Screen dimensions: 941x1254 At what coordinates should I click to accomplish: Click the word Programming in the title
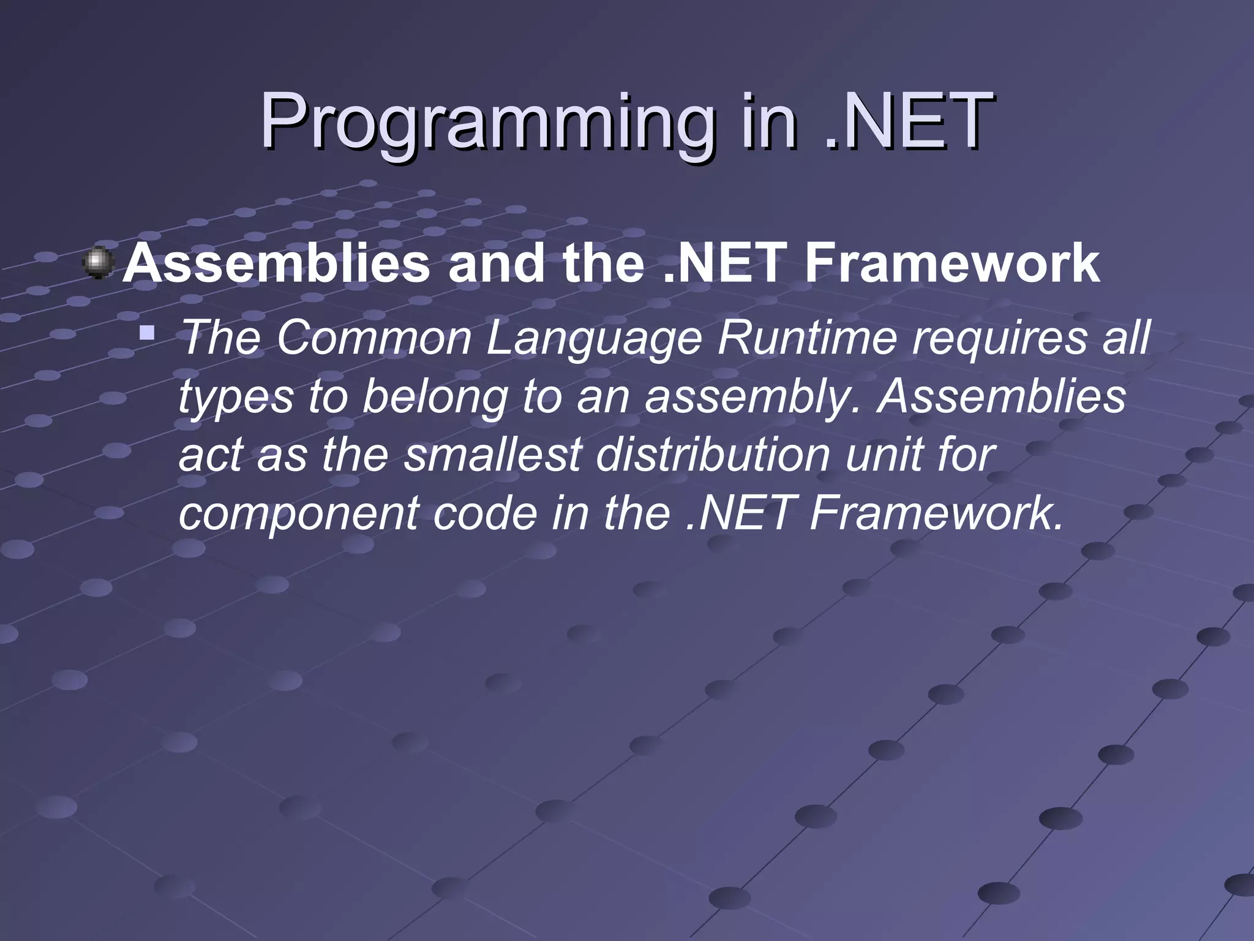(x=487, y=123)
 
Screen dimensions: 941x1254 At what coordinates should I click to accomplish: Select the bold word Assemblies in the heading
(x=277, y=263)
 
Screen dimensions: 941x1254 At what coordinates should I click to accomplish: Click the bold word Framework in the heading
(x=952, y=263)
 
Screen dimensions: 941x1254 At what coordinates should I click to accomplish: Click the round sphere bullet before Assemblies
(x=98, y=263)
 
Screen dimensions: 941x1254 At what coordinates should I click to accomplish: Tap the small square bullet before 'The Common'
(x=146, y=333)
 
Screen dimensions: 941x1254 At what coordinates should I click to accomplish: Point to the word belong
(x=435, y=397)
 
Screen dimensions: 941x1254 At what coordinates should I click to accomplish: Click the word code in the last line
(x=486, y=513)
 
